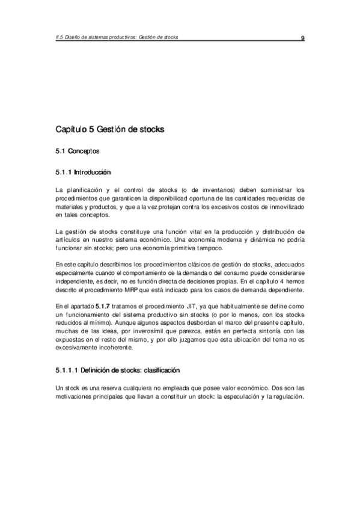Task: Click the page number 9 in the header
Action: coord(303,38)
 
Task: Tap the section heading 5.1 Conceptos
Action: coord(78,151)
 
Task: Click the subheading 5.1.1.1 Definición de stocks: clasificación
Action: coord(117,369)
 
